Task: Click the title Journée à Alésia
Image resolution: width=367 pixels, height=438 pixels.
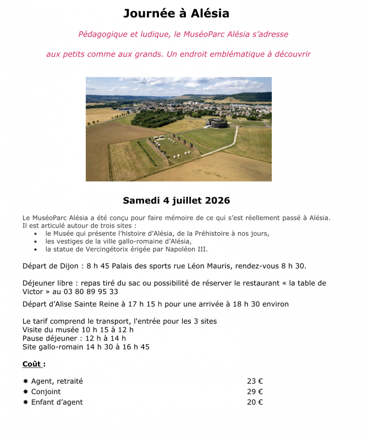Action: tap(176, 14)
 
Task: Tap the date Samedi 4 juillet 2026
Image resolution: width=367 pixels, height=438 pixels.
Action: tap(176, 200)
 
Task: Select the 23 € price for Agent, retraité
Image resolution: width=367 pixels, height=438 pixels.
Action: tap(255, 381)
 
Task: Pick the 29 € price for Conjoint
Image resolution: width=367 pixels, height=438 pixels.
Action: tap(255, 391)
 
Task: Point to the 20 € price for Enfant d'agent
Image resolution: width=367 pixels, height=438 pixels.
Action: tap(255, 402)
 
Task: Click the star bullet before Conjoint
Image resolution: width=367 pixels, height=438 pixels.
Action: tap(26, 392)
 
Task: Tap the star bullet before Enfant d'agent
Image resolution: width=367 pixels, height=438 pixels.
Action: tap(26, 402)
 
